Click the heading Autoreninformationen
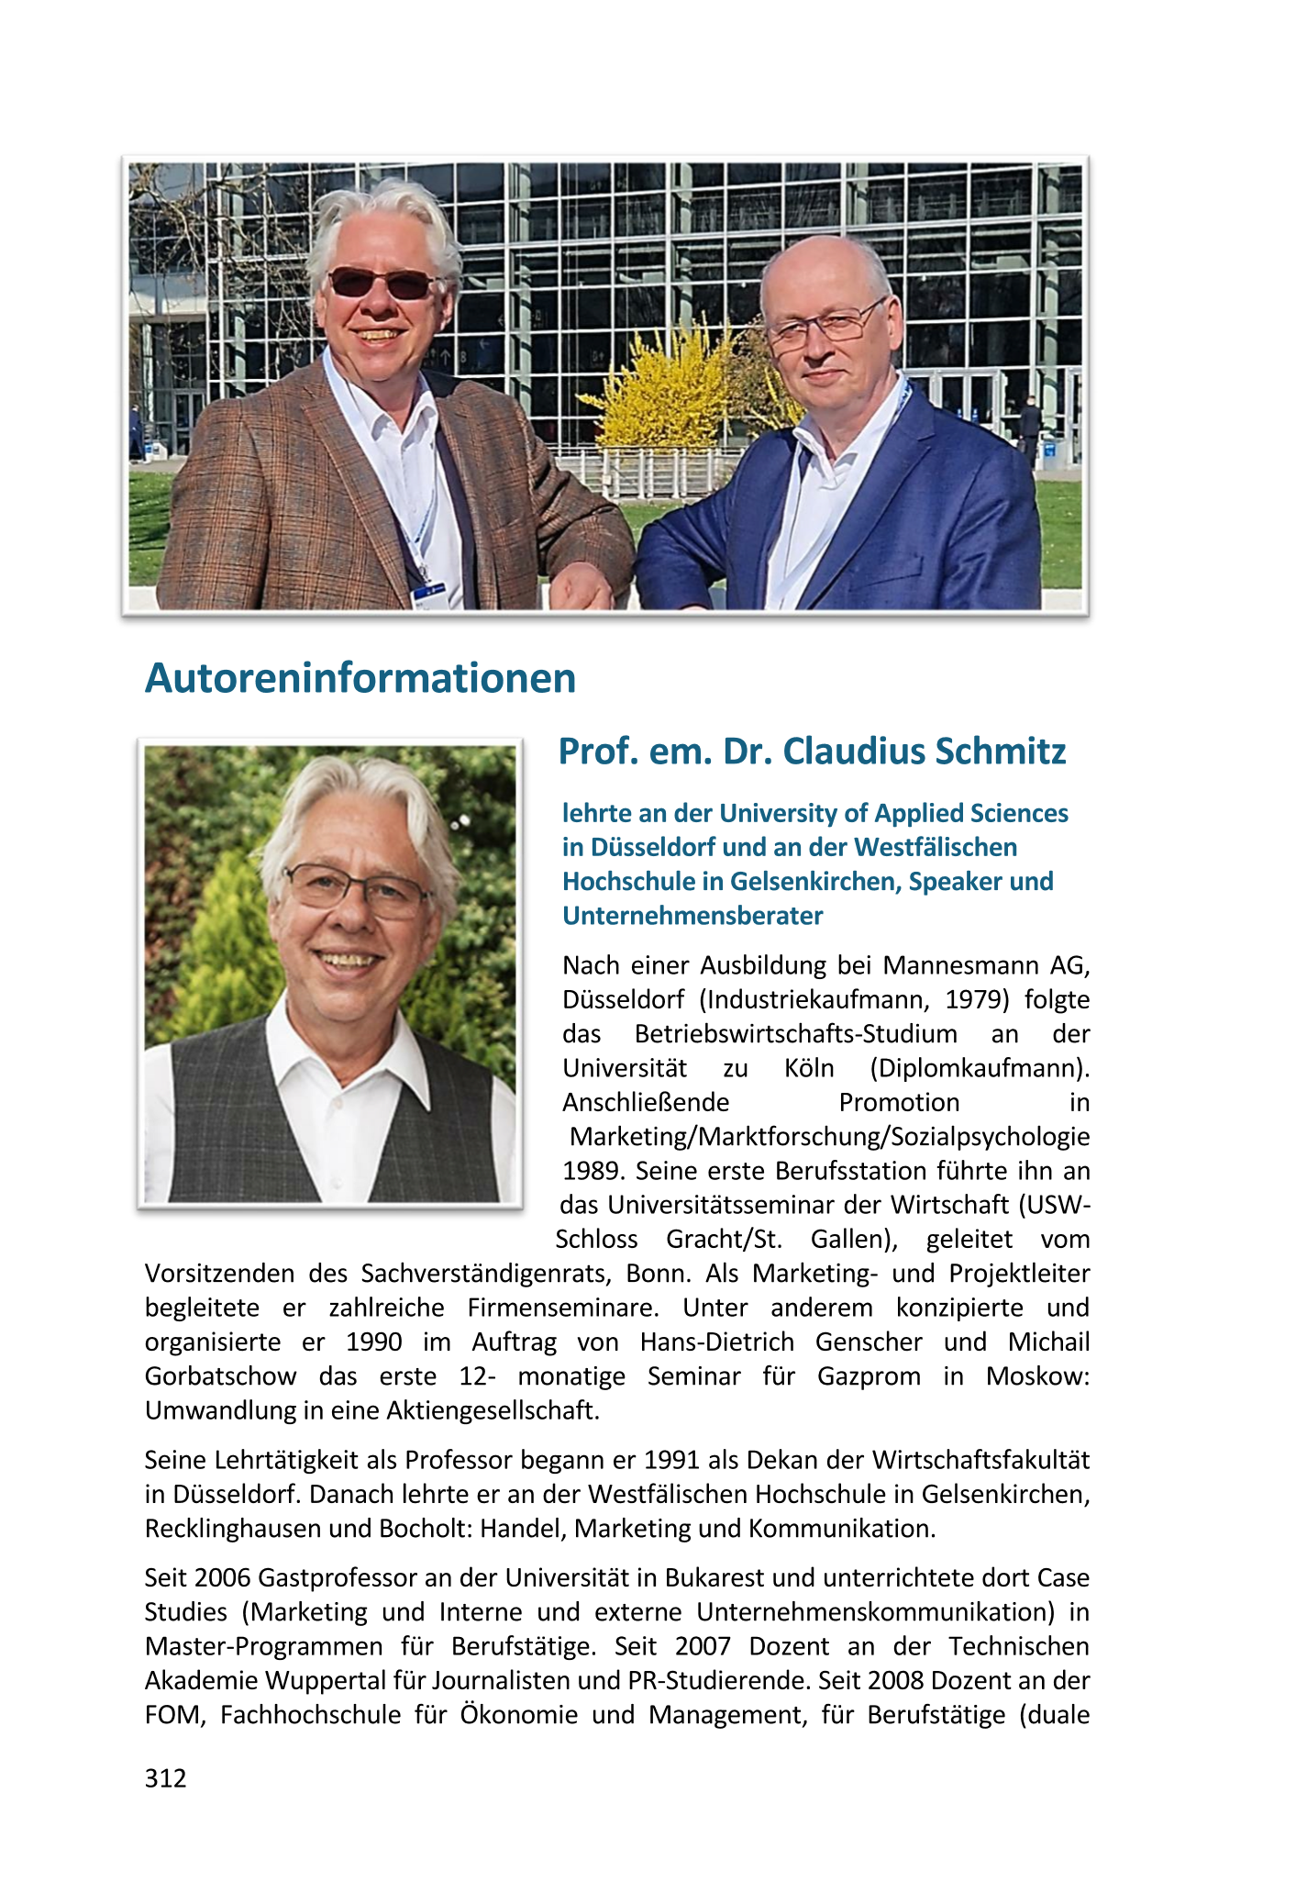point(360,679)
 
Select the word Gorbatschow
point(220,1376)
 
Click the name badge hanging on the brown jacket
point(427,596)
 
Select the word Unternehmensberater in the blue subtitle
point(692,916)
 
